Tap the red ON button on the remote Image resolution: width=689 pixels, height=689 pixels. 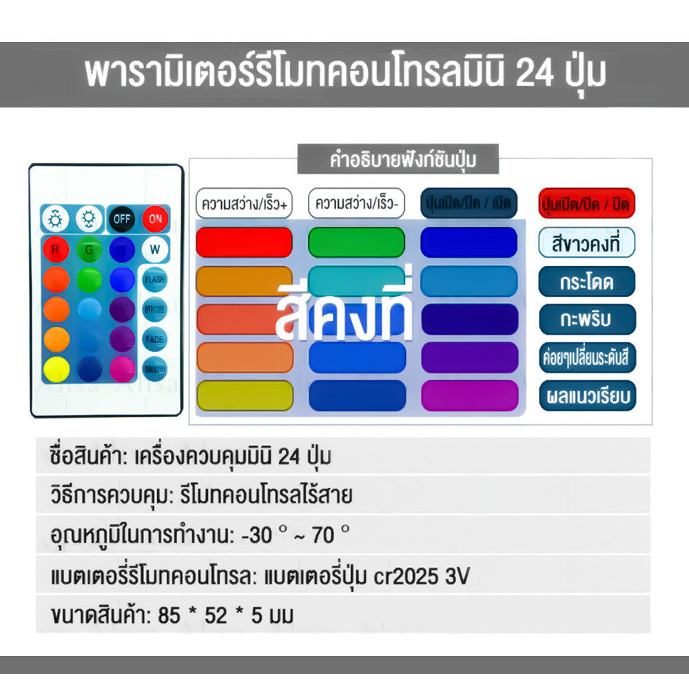pos(156,219)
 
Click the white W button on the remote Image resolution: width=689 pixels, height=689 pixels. pos(154,249)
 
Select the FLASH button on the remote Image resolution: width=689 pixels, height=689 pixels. pos(154,280)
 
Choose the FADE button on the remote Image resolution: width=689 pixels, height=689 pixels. pos(154,339)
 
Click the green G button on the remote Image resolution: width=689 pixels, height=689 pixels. pos(88,249)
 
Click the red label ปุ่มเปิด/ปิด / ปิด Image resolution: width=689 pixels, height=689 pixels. pos(586,204)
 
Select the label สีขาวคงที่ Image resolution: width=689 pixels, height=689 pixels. pos(586,243)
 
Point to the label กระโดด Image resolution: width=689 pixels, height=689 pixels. pos(586,281)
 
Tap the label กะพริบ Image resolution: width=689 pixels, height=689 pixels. pos(586,319)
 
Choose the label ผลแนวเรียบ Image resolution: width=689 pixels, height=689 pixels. pos(586,396)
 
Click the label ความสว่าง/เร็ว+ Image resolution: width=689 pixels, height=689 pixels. pos(244,204)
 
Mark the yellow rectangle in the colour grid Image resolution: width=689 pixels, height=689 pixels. pos(244,395)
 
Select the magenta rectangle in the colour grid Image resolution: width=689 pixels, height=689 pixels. pos(469,395)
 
